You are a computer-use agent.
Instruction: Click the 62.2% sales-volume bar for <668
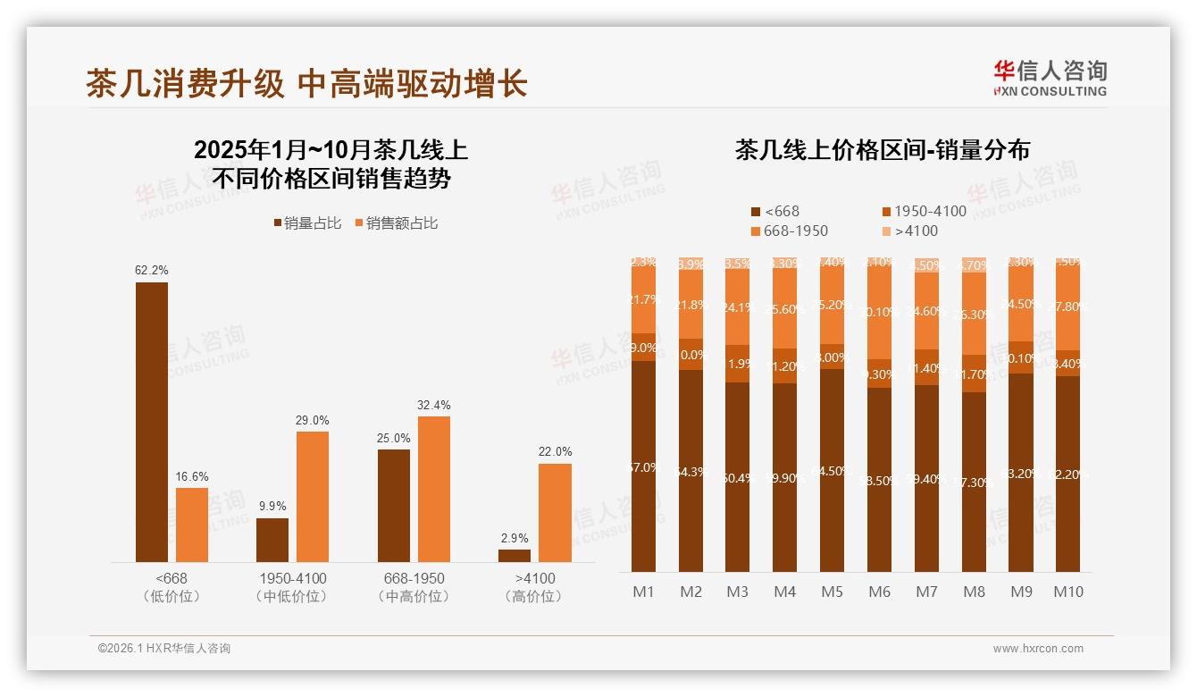click(x=152, y=422)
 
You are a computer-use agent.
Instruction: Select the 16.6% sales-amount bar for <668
click(x=192, y=525)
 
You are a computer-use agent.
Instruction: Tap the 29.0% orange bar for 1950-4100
click(x=313, y=497)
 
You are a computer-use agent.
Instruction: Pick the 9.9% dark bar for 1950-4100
click(x=272, y=540)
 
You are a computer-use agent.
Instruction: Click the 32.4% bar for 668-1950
click(x=433, y=489)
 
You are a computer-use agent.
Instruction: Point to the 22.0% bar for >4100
click(x=555, y=512)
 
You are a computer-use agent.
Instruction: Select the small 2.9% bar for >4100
click(x=515, y=556)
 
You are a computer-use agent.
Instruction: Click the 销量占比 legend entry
click(x=307, y=223)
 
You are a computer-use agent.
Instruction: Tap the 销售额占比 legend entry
click(x=396, y=223)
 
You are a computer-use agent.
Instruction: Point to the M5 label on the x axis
click(x=832, y=592)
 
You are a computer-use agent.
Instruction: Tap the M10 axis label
click(x=1067, y=592)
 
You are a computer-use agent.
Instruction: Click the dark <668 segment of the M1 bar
click(x=643, y=466)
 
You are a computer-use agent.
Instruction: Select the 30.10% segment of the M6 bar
click(x=879, y=312)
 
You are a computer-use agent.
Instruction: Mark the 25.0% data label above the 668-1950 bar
click(x=394, y=438)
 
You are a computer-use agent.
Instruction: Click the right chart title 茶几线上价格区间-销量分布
click(x=882, y=150)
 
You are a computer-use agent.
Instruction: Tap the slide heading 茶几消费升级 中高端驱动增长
click(x=306, y=83)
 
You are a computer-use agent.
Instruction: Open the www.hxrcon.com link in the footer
click(x=1038, y=649)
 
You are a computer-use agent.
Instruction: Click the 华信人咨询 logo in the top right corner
click(x=1050, y=78)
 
